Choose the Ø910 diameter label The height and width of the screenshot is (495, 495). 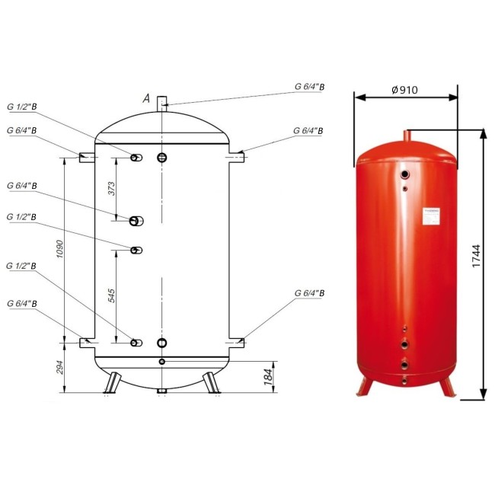click(x=407, y=89)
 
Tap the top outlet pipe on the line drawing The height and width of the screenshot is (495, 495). click(x=161, y=104)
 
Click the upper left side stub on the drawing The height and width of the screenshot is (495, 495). click(x=86, y=157)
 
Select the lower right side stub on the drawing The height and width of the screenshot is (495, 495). click(x=237, y=343)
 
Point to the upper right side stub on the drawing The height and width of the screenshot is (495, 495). click(x=237, y=157)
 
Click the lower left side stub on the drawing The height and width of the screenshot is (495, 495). click(x=86, y=343)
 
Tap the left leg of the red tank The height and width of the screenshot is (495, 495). click(x=364, y=385)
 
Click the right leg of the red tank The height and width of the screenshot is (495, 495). click(x=447, y=385)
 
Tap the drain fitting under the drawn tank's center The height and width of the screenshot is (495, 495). click(x=161, y=391)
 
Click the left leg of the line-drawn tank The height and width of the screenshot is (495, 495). click(x=112, y=381)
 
